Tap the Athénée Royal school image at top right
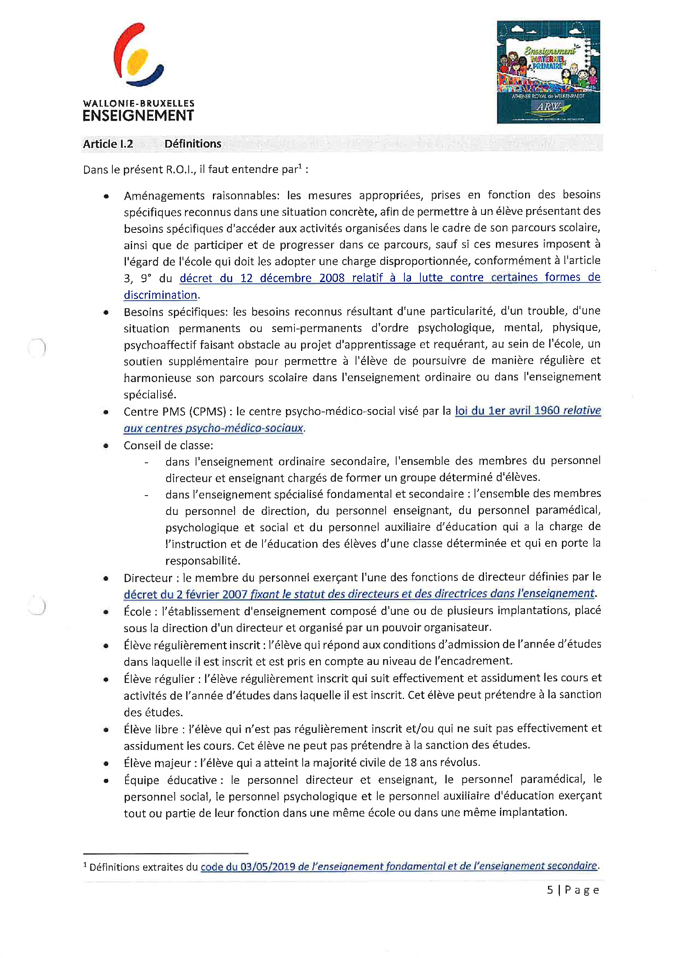[548, 72]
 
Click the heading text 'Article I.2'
[108, 144]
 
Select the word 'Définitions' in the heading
[193, 144]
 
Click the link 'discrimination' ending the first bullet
[160, 295]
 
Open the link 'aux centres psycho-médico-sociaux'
[213, 428]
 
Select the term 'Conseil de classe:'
[168, 446]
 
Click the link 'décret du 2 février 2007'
[186, 594]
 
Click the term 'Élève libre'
[151, 729]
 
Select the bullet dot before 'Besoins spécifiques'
[107, 312]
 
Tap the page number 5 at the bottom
[550, 890]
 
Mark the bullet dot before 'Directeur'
[107, 579]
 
